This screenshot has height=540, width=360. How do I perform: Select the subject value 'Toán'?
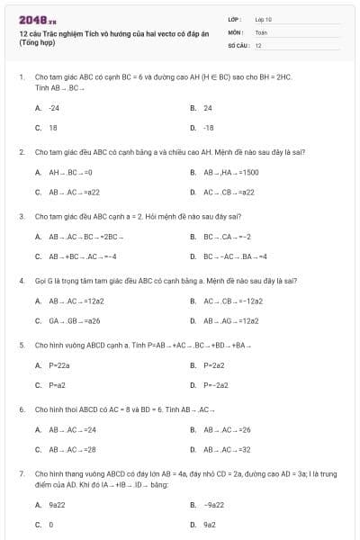(261, 31)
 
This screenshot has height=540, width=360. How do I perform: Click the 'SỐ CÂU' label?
(237, 44)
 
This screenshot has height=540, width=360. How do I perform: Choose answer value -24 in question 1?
(53, 107)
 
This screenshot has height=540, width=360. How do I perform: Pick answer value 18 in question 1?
(52, 128)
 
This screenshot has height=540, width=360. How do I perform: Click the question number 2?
(21, 151)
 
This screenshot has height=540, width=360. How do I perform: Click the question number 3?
(21, 216)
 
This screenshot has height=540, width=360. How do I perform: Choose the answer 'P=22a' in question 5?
(58, 364)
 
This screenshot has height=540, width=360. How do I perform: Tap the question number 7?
(21, 472)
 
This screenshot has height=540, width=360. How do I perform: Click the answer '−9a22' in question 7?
(213, 505)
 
